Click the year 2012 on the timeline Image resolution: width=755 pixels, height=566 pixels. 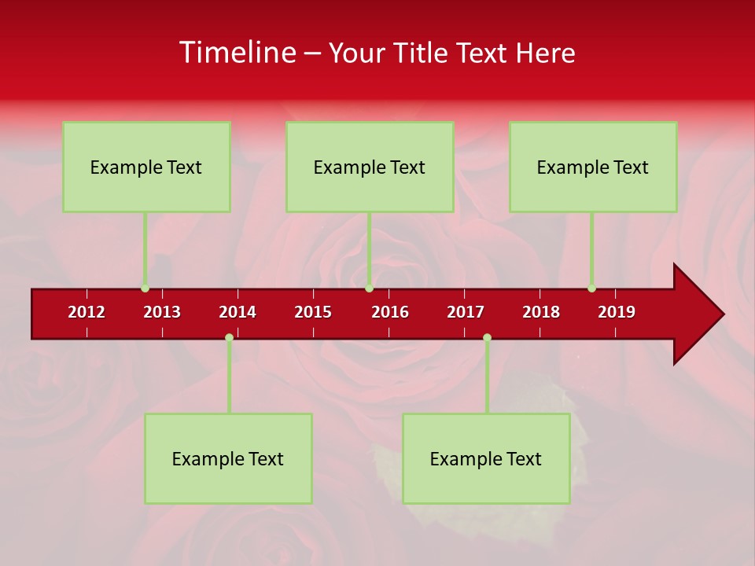[87, 312]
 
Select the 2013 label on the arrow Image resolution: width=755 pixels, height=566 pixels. [162, 312]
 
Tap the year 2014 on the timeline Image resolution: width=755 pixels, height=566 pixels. [238, 312]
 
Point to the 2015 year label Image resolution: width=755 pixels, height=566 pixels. [313, 312]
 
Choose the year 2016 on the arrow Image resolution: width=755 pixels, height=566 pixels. [390, 312]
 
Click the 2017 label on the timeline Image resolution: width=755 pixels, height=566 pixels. [466, 312]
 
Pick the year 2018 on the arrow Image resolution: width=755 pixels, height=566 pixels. [541, 312]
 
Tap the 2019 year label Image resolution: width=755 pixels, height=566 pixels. [617, 312]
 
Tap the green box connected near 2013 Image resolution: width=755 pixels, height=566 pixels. [146, 167]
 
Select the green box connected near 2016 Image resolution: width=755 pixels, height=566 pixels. [370, 167]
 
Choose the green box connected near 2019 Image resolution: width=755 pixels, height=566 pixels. [593, 167]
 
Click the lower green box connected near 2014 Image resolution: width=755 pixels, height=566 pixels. [228, 458]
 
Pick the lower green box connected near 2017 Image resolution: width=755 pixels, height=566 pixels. [486, 458]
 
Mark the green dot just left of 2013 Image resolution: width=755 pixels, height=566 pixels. [145, 288]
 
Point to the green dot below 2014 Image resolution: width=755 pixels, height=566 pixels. [229, 337]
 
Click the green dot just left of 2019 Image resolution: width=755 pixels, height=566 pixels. [591, 288]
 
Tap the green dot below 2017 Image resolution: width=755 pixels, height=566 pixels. [487, 337]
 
